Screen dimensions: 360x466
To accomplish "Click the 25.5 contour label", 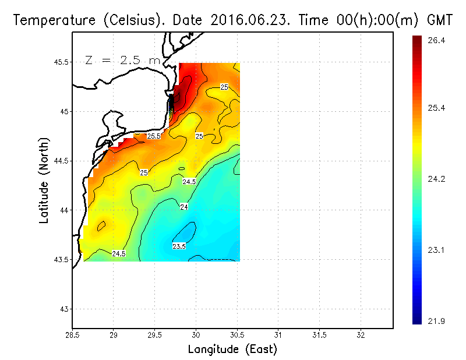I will pos(153,136).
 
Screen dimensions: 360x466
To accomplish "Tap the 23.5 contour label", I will pos(179,246).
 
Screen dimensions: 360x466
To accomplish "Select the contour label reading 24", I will pos(184,207).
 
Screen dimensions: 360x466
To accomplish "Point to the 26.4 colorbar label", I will pos(436,40).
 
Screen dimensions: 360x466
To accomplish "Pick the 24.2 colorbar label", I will pos(436,179).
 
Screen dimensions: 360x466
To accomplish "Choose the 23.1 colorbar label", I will pos(436,250).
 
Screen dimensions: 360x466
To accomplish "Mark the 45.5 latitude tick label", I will pos(59,62).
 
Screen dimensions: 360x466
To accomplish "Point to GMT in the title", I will pos(440,20).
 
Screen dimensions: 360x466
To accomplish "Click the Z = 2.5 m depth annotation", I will pos(122,59).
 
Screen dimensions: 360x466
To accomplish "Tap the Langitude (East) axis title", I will pos(232,350).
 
